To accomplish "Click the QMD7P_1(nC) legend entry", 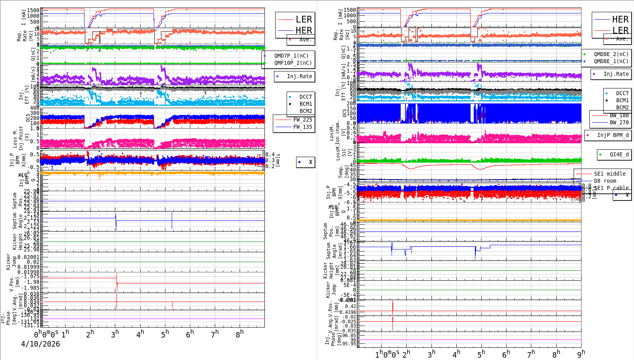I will click(x=291, y=56).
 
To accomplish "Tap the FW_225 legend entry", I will click(x=302, y=120).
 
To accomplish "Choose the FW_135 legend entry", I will click(x=302, y=127).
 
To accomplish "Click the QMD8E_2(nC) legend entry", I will click(x=611, y=54).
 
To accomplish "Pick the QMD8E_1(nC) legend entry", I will click(x=611, y=61).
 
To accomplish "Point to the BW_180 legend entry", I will click(x=619, y=115).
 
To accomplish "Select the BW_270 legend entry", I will click(x=619, y=122).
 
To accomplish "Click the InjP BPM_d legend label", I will click(x=613, y=135).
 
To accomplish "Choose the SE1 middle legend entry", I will click(x=610, y=174).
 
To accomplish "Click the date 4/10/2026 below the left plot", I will click(x=40, y=344).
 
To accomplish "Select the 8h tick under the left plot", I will click(x=240, y=334).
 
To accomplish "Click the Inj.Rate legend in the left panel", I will click(x=299, y=76).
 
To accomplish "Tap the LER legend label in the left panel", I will click(x=304, y=19).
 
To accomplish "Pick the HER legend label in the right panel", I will click(x=620, y=19).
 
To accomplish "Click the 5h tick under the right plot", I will click(x=481, y=354).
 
